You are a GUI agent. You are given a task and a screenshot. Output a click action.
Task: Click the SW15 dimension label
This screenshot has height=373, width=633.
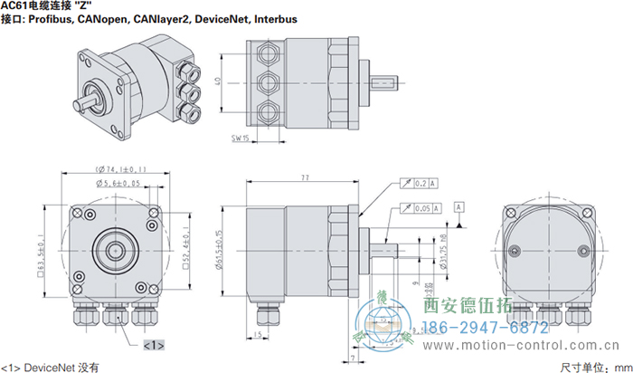(x=241, y=139)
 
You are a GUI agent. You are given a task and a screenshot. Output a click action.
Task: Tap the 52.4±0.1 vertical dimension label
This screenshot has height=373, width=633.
(x=186, y=243)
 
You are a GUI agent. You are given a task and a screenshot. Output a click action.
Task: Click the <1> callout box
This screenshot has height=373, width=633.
(x=153, y=344)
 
